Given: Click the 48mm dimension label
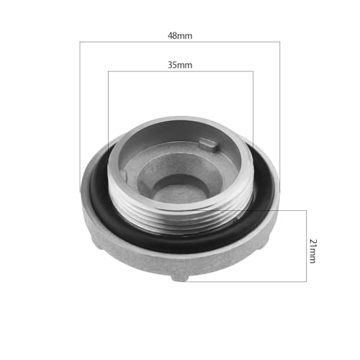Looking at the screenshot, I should click(x=180, y=35).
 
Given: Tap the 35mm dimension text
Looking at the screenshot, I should click(x=180, y=64).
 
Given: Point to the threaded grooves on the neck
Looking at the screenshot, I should click(x=180, y=213).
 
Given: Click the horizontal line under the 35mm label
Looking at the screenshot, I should click(x=144, y=71).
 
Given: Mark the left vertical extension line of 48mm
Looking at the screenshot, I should click(x=80, y=108).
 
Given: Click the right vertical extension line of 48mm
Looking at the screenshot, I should click(x=279, y=108).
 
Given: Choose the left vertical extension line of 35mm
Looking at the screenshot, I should click(x=107, y=108).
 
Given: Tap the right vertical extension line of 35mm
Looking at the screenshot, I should click(x=253, y=108).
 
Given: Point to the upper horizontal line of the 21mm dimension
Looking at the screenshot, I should click(x=288, y=210).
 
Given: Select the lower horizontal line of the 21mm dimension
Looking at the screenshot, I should click(x=252, y=281).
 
